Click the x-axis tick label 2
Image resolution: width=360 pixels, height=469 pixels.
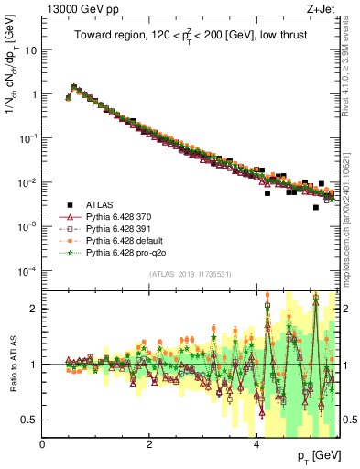(x=149, y=445)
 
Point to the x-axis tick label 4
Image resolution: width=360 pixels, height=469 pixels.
(x=256, y=445)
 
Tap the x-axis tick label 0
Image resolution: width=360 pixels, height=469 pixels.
(x=43, y=445)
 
